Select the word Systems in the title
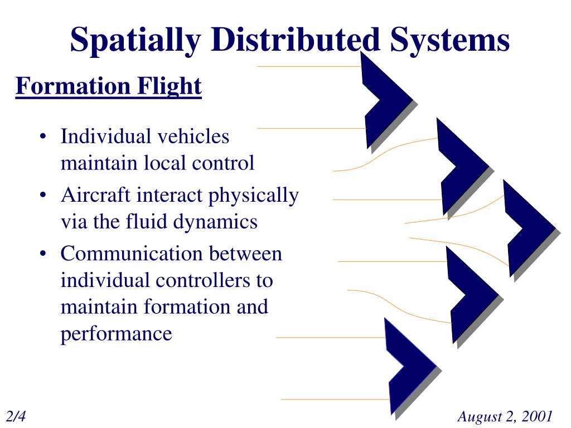coord(449,40)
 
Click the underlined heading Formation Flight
coord(108,86)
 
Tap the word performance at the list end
coord(116,334)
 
